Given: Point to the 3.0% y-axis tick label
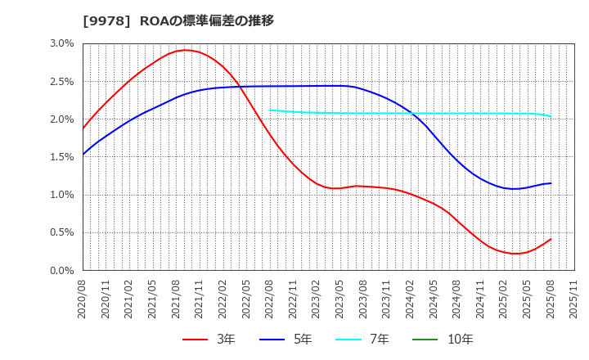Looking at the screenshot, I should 62,43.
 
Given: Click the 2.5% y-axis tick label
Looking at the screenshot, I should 62,81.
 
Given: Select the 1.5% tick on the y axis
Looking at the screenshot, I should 62,157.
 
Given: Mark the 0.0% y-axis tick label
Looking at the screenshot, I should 62,270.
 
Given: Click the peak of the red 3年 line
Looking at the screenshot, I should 186,50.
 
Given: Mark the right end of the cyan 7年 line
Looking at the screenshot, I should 551,116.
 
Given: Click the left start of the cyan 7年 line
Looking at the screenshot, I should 270,110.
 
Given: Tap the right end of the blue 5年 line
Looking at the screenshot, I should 551,183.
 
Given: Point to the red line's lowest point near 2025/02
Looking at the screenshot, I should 515,254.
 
